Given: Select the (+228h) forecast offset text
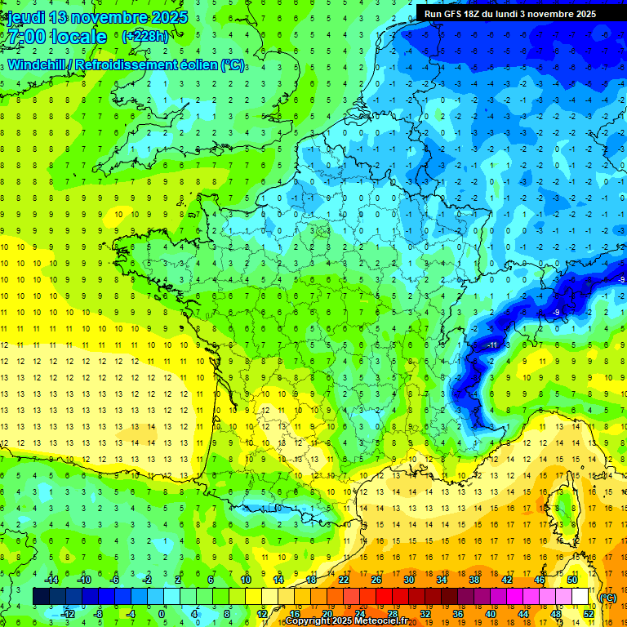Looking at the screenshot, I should tap(145, 37).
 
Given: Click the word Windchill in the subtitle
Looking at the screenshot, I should tap(38, 64).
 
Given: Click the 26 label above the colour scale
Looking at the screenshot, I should tap(376, 580).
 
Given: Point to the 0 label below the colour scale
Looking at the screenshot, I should tap(162, 613).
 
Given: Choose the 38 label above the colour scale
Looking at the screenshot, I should tap(474, 580).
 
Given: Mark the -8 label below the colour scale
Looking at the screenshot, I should tap(97, 613).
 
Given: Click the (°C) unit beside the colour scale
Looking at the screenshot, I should tap(608, 598).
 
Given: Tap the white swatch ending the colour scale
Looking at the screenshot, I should tap(580, 597).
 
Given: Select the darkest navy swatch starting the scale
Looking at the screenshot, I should tap(41, 597).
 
